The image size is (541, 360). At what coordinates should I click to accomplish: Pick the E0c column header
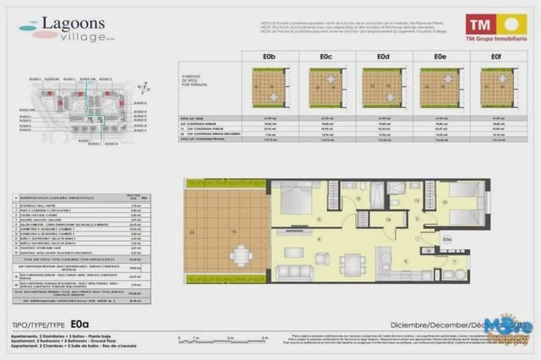325,57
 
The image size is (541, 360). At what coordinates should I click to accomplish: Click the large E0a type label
80,322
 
